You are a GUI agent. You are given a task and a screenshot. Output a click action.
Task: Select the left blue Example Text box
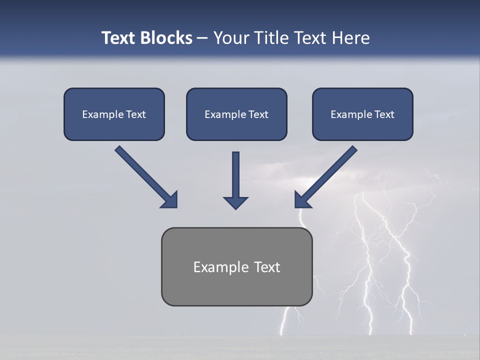pos(114,114)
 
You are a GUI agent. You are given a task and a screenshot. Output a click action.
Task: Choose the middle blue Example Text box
pos(236,114)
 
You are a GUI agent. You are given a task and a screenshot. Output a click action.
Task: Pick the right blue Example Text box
pos(362,114)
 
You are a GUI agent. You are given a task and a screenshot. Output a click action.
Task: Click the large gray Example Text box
pos(236,266)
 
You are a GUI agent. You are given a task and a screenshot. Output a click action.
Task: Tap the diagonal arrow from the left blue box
pos(145,175)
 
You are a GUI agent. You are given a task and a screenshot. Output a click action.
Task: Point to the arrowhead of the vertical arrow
pos(235,202)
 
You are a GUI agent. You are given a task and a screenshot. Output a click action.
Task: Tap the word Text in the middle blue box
pos(258,114)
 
